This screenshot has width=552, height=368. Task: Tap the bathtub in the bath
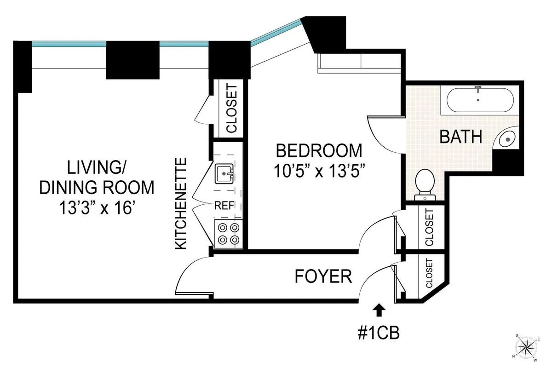478,99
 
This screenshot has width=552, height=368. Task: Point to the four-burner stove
228,233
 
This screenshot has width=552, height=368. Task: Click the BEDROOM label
318,150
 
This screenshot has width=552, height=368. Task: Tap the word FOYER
323,276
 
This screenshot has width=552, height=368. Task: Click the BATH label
461,137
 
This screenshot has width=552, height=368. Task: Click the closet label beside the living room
231,108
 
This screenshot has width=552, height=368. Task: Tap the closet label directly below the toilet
429,227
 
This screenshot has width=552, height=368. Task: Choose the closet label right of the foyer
429,274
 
